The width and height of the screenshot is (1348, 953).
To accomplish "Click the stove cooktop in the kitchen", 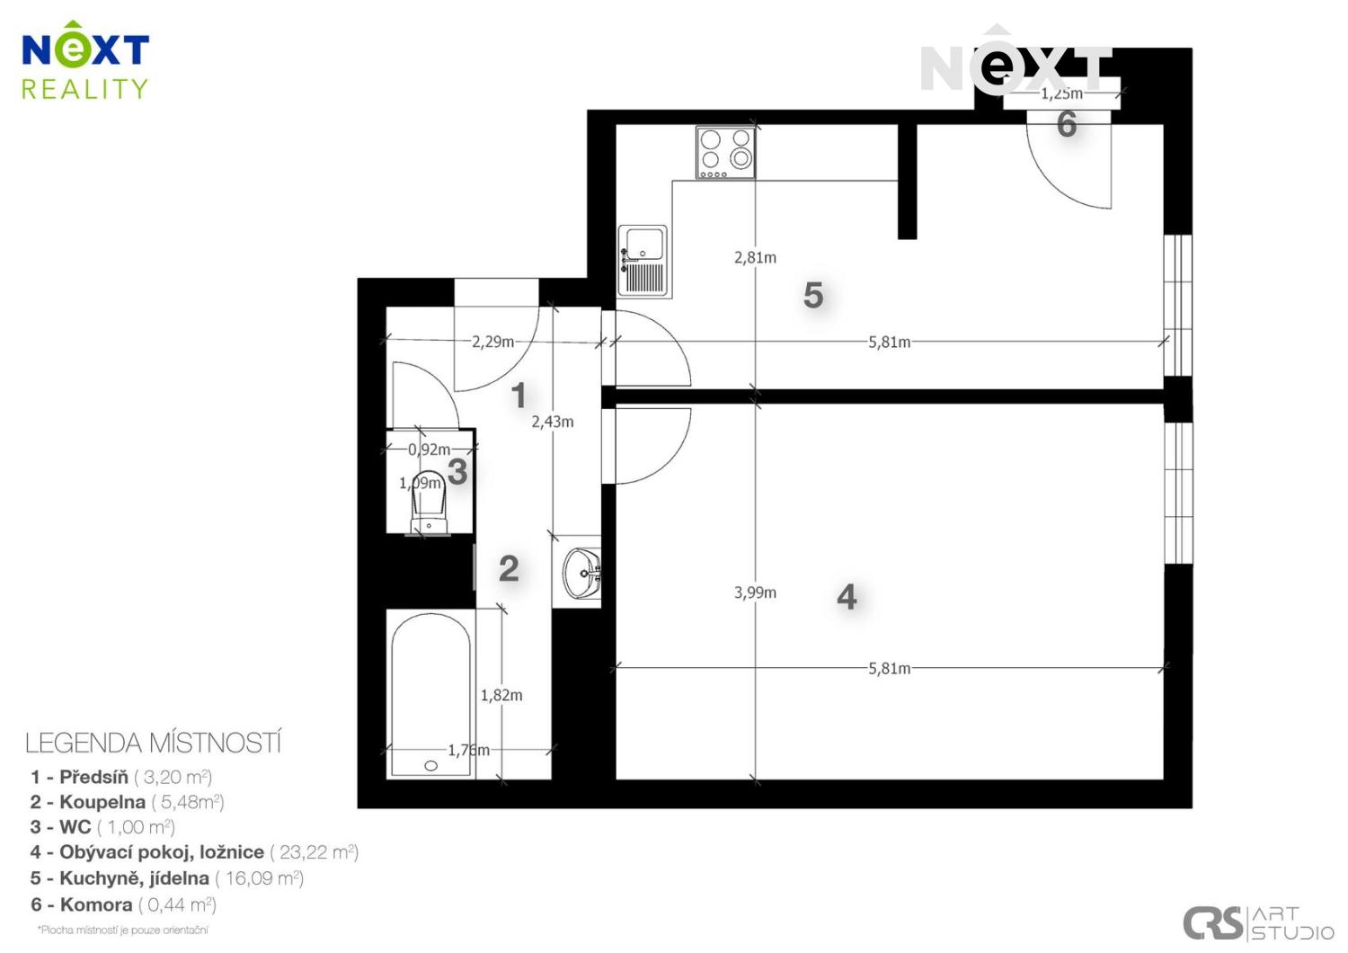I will [725, 152].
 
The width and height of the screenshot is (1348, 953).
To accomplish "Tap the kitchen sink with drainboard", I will [643, 261].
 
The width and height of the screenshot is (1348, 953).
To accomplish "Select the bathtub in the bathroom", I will [430, 694].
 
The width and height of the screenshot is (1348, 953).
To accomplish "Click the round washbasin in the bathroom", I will [582, 572].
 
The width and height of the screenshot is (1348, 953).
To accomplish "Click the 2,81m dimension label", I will [755, 257].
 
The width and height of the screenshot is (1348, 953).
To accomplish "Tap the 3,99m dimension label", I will [755, 592].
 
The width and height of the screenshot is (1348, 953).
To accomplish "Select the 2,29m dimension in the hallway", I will [492, 342].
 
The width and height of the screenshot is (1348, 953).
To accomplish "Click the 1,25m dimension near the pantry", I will [1061, 94].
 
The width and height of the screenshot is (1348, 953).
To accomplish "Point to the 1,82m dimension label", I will [501, 695].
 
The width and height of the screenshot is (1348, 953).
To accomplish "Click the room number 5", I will [813, 296].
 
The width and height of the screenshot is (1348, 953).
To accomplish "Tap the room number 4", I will [847, 597].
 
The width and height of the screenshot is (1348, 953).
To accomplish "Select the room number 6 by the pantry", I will [1067, 124].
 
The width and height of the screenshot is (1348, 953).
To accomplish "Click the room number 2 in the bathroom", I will [509, 568].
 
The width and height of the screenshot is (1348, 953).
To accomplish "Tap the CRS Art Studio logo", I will [1257, 922].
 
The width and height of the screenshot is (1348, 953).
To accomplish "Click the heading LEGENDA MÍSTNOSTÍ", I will [154, 744].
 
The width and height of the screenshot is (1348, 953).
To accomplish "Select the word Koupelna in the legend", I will [102, 802].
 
